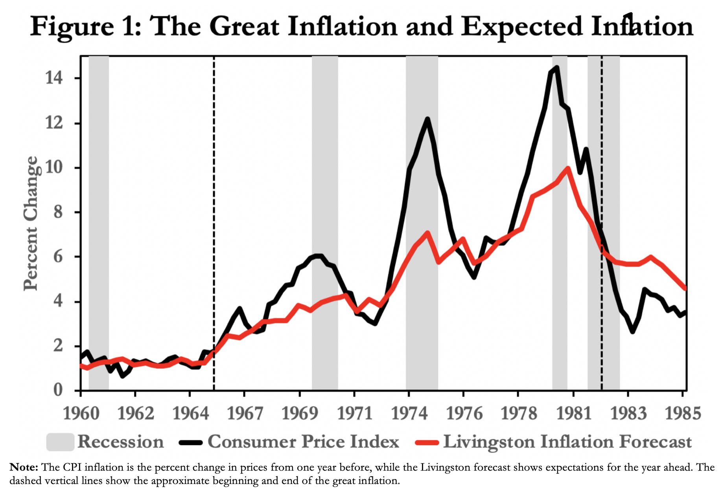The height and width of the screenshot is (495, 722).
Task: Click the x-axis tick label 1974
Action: coord(409,413)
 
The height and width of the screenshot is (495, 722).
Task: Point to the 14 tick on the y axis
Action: coord(54,78)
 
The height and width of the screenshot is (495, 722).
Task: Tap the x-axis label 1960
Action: coord(81,413)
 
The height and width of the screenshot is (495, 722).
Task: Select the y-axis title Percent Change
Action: coord(31,223)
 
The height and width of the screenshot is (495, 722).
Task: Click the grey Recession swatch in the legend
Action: coord(60,442)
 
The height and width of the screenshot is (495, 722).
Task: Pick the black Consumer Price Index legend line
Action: coord(191,442)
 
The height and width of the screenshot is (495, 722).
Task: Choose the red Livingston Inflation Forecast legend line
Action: coord(427,442)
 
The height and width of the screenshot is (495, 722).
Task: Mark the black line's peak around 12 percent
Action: coord(427,119)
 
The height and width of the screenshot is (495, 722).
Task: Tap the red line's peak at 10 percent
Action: coord(568,169)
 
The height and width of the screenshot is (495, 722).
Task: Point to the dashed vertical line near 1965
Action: coord(214,196)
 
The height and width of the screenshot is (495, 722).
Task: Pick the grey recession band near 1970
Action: coord(325,157)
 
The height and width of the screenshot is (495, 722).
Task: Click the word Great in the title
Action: coord(244,27)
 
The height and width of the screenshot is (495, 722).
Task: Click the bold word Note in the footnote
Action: coord(24,467)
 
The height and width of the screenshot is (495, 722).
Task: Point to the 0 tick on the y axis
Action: coord(58,390)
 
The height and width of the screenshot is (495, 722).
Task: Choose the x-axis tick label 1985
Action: coord(683,413)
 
